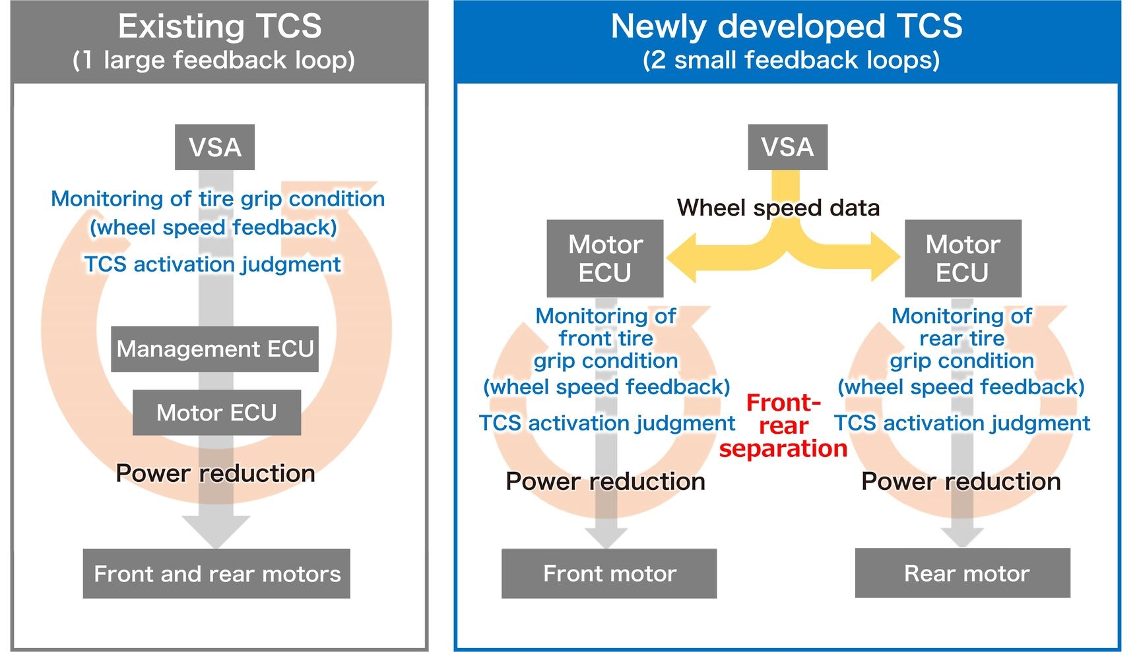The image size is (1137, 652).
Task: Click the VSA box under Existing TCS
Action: pyautogui.click(x=214, y=147)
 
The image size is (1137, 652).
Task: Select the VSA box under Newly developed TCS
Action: pyautogui.click(x=787, y=147)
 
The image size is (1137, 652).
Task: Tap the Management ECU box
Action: pyautogui.click(x=214, y=349)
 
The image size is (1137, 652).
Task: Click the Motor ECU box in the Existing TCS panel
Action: pyautogui.click(x=216, y=413)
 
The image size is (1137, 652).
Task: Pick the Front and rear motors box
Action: pyautogui.click(x=216, y=574)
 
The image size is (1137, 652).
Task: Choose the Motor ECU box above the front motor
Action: pyautogui.click(x=605, y=258)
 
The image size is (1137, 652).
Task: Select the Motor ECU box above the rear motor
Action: pyautogui.click(x=963, y=258)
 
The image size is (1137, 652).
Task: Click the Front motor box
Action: pyautogui.click(x=609, y=574)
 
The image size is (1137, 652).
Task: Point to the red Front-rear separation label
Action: pyautogui.click(x=783, y=425)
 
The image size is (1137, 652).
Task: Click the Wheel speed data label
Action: pyautogui.click(x=778, y=208)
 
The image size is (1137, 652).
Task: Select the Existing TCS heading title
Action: pyautogui.click(x=220, y=27)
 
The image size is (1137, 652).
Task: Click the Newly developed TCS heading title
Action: pyautogui.click(x=787, y=27)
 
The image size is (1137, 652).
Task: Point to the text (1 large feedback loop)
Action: pyautogui.click(x=214, y=60)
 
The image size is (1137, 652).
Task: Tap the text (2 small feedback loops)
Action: pyautogui.click(x=791, y=60)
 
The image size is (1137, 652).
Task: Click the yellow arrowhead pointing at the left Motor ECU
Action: pyautogui.click(x=682, y=257)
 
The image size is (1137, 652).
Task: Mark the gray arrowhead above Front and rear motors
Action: pyautogui.click(x=216, y=531)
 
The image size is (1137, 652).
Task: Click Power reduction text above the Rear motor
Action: pyautogui.click(x=961, y=481)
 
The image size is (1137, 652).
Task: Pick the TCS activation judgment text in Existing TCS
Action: pyautogui.click(x=212, y=264)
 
